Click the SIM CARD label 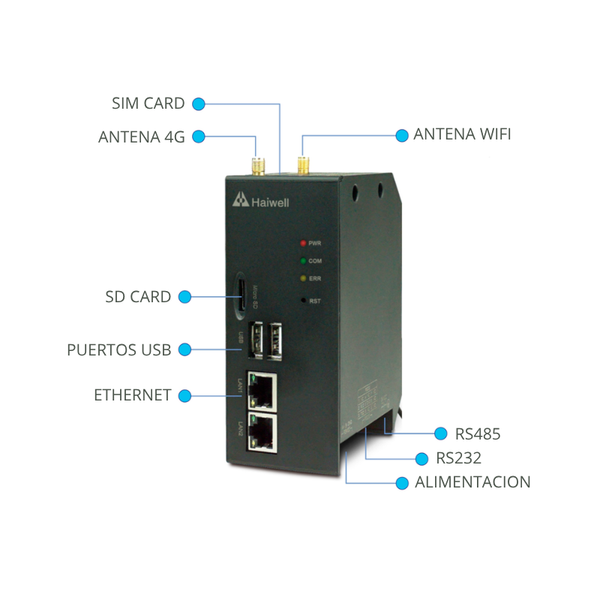click(x=148, y=103)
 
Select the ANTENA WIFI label click(x=462, y=134)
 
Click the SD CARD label click(x=138, y=297)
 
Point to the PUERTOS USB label click(x=119, y=350)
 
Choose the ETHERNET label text click(x=132, y=395)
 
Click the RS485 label click(x=477, y=434)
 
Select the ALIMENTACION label click(x=472, y=482)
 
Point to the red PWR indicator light click(x=302, y=243)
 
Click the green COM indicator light click(x=302, y=261)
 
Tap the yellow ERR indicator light click(x=302, y=279)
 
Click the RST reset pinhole click(x=302, y=298)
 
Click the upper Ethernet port click(x=265, y=388)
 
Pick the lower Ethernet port click(x=265, y=431)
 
